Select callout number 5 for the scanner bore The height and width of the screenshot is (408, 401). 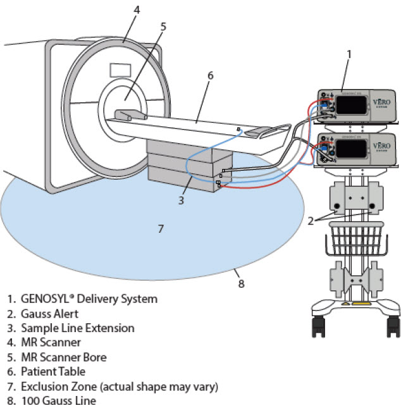tap(163, 27)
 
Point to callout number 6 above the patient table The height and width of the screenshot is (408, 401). tap(210, 75)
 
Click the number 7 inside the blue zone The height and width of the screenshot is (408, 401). tap(161, 228)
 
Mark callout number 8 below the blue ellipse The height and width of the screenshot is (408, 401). tap(241, 284)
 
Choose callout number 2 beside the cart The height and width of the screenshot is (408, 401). tap(311, 220)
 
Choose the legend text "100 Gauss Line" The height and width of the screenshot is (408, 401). tap(58, 400)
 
